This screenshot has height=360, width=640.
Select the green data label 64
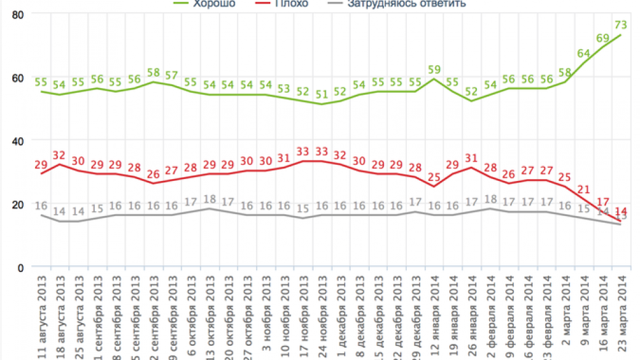point(583,53)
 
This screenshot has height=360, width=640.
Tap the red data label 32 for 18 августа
point(60,154)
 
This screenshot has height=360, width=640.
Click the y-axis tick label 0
point(20,267)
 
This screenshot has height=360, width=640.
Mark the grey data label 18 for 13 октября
point(210,199)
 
